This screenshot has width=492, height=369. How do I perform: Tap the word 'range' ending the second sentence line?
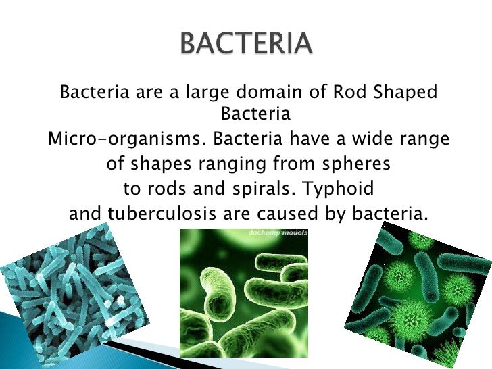(x=423, y=140)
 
